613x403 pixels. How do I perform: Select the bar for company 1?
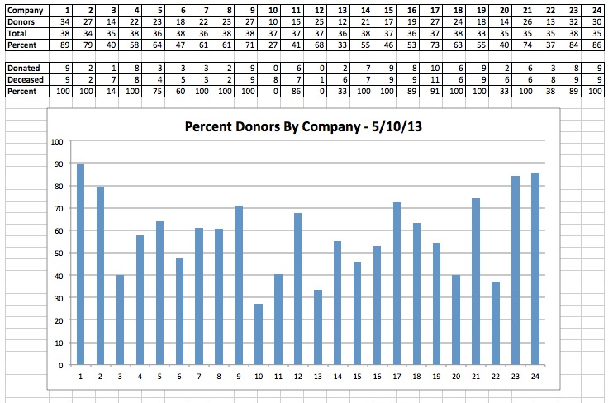point(80,264)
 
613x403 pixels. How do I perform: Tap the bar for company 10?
point(259,334)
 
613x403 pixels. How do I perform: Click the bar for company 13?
point(318,327)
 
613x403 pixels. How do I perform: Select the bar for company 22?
point(496,323)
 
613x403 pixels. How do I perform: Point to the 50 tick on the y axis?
point(57,253)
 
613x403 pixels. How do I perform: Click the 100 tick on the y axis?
point(57,141)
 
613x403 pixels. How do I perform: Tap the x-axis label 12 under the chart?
point(298,376)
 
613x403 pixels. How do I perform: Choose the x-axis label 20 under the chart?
point(456,376)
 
